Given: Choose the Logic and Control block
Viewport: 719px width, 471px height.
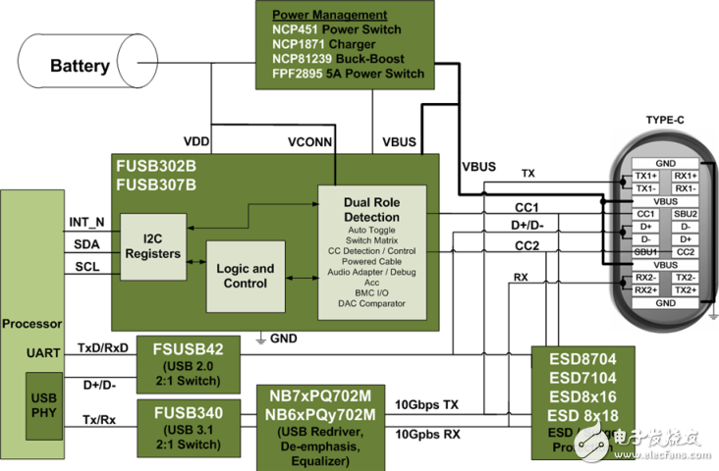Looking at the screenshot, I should click(x=245, y=276).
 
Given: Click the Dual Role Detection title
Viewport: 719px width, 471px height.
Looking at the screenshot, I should click(x=372, y=210).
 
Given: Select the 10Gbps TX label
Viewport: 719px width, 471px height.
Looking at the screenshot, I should click(x=425, y=404).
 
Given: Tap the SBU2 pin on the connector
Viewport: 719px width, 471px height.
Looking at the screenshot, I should click(x=686, y=214).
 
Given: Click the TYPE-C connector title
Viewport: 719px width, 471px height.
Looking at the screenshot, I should click(x=667, y=120).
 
